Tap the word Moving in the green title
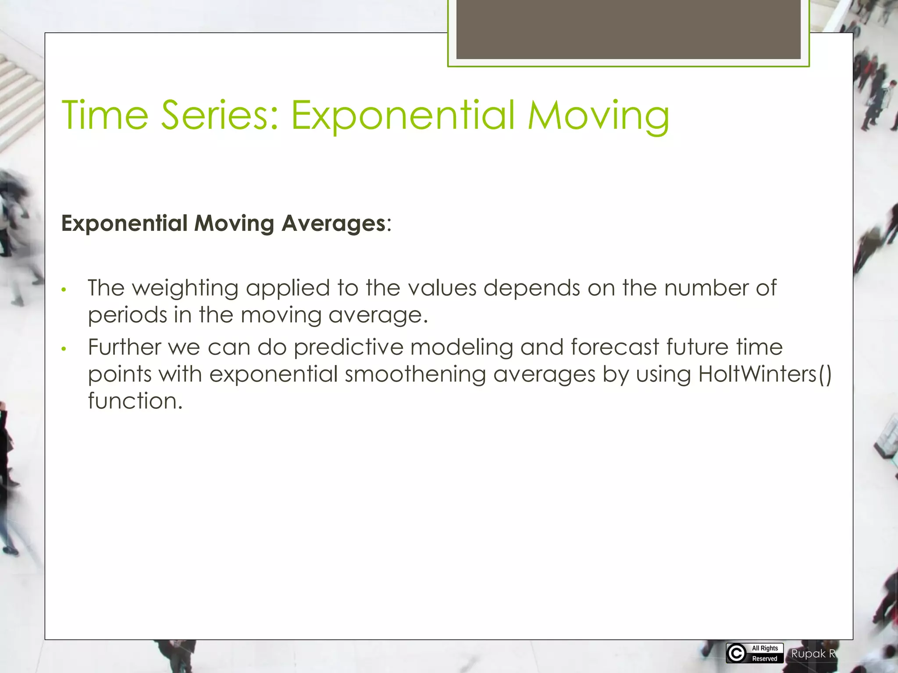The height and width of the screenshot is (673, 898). click(x=598, y=116)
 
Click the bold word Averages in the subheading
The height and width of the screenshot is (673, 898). click(x=333, y=223)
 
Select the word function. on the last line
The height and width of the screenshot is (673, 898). click(x=135, y=401)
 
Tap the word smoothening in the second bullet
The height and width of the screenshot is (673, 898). click(x=415, y=375)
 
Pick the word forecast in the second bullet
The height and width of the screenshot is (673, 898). click(x=615, y=347)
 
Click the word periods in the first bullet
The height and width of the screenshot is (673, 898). click(x=127, y=315)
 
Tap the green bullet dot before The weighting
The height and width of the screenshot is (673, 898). click(x=64, y=290)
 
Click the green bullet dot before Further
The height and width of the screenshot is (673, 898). click(x=64, y=349)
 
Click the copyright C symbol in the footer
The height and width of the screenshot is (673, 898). click(x=737, y=653)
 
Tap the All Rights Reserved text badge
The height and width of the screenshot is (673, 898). click(x=765, y=653)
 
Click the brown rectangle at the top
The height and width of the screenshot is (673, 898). click(x=628, y=29)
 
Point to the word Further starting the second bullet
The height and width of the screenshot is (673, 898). click(x=125, y=347)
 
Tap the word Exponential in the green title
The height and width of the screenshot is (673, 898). click(x=403, y=116)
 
